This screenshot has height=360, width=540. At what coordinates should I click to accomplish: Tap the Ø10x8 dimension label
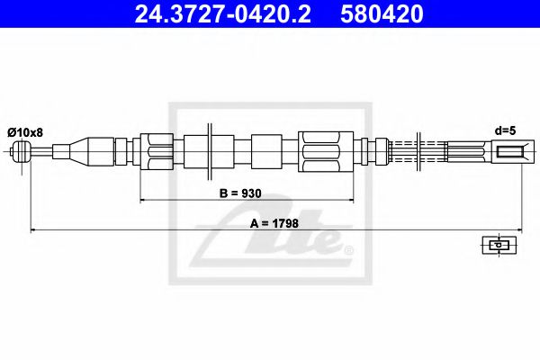(x=25, y=132)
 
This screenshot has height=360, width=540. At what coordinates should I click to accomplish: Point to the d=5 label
(x=508, y=131)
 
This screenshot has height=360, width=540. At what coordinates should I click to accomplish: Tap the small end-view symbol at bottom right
(x=496, y=244)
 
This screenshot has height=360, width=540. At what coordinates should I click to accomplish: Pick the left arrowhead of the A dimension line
(x=34, y=230)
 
